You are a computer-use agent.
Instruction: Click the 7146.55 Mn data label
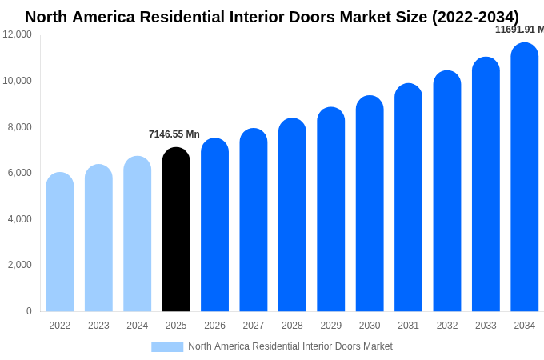174,134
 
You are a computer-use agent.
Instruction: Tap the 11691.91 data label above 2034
519,30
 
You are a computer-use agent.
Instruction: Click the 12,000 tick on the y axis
18,34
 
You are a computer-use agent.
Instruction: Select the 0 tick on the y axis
29,311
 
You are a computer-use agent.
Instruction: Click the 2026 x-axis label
214,326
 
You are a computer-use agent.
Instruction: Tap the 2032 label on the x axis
447,326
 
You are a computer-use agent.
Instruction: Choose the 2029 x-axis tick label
331,326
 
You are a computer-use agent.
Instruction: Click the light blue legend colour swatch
167,347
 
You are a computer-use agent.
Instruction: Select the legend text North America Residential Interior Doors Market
290,346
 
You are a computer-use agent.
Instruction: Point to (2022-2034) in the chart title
475,17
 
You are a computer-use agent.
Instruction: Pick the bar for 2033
486,185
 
